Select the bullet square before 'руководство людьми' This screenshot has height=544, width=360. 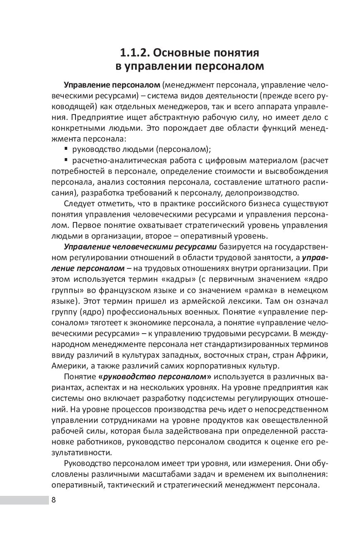pos(67,148)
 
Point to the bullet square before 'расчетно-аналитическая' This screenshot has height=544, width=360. pos(67,159)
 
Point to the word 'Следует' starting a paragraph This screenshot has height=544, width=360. pos(79,204)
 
